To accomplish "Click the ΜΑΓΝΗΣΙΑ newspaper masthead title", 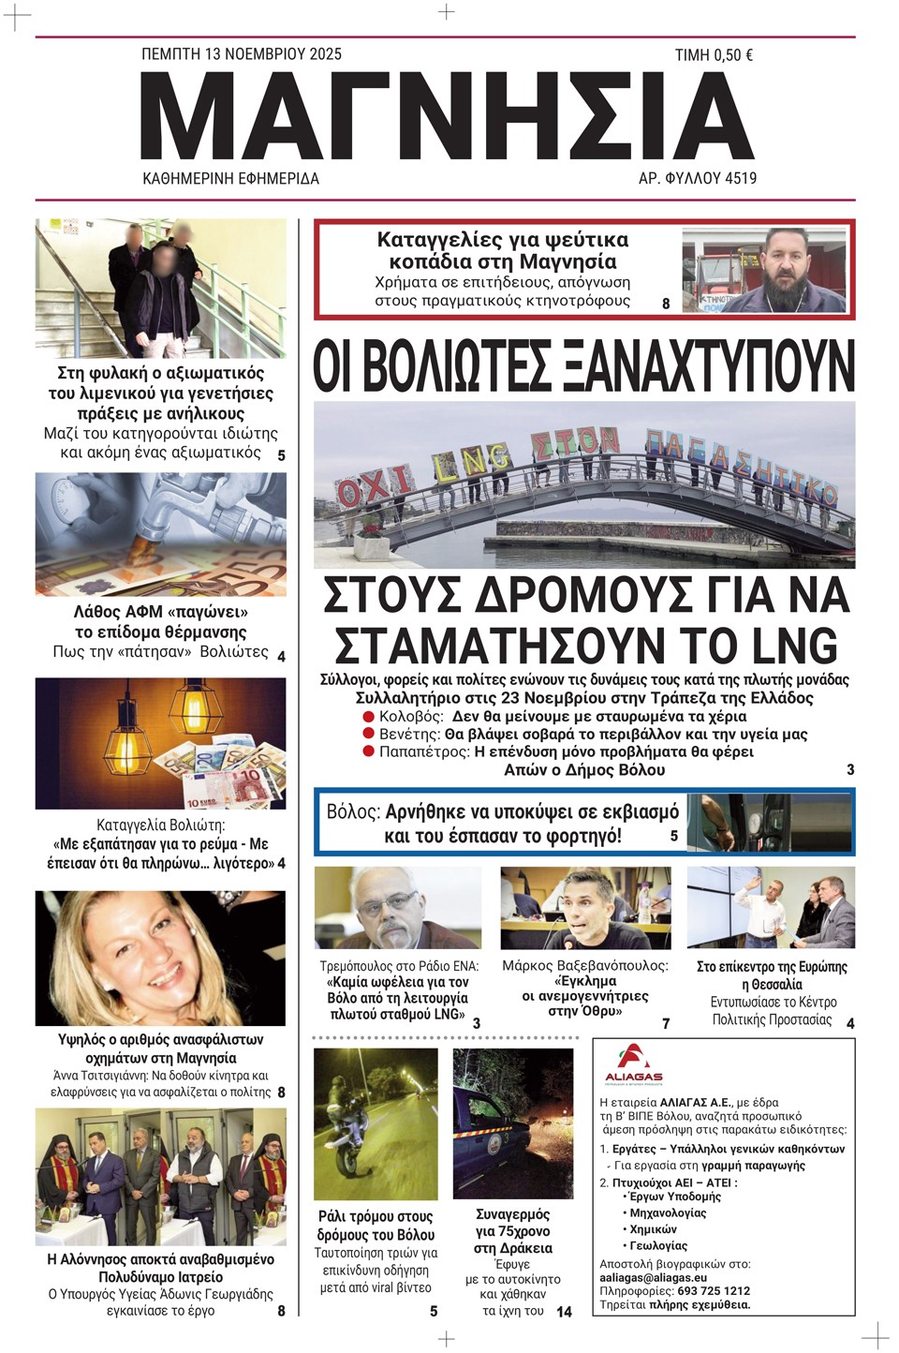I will pyautogui.click(x=447, y=116).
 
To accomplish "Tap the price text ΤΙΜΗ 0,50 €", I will pyautogui.click(x=714, y=55).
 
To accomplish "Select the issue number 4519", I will pyautogui.click(x=737, y=178).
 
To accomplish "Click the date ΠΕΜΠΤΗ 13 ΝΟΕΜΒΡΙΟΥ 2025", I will pyautogui.click(x=241, y=54).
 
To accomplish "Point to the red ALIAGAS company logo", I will pyautogui.click(x=633, y=1064).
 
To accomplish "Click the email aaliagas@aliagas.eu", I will pyautogui.click(x=654, y=1277).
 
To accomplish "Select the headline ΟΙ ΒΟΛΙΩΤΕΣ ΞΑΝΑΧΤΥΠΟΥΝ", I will pyautogui.click(x=583, y=366).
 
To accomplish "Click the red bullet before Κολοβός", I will pyautogui.click(x=368, y=716).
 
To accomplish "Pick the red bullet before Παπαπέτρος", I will pyautogui.click(x=368, y=751).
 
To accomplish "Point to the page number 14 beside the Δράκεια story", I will pyautogui.click(x=564, y=1312).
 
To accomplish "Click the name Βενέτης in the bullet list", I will pyautogui.click(x=409, y=734).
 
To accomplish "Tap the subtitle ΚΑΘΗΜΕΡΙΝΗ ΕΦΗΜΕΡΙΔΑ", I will pyautogui.click(x=230, y=178).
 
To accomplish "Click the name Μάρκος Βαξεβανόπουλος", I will pyautogui.click(x=585, y=965).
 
